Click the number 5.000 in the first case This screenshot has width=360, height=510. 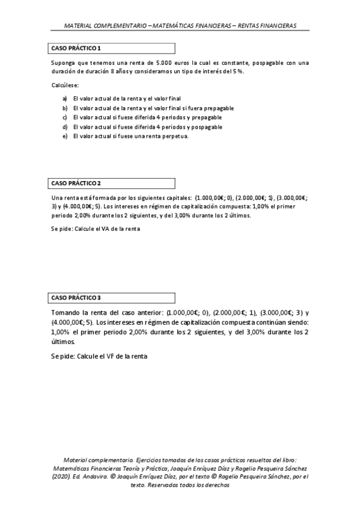point(164,63)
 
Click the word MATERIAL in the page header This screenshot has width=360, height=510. point(79,26)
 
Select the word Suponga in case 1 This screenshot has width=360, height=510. point(64,63)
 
